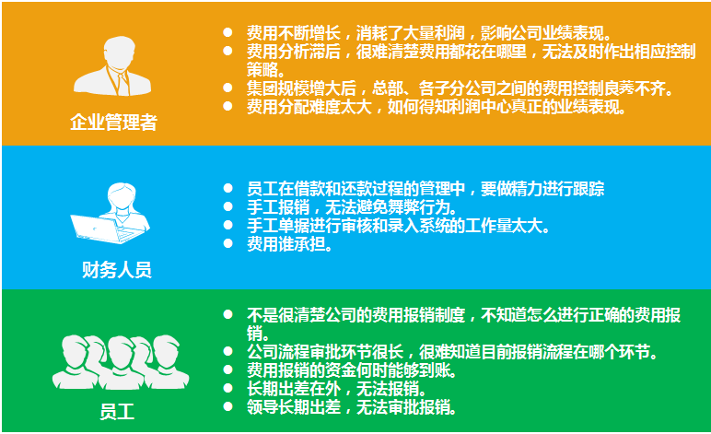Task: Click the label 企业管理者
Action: [113, 123]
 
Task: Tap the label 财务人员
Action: [117, 270]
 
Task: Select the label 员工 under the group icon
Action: [117, 412]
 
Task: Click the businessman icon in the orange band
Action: [112, 65]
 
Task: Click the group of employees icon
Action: [121, 362]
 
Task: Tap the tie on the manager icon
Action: [122, 84]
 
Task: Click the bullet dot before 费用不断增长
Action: [227, 32]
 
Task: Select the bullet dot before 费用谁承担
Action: [227, 244]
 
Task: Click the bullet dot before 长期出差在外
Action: [227, 388]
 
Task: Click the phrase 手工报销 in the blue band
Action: [278, 207]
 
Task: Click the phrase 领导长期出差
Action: [294, 407]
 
